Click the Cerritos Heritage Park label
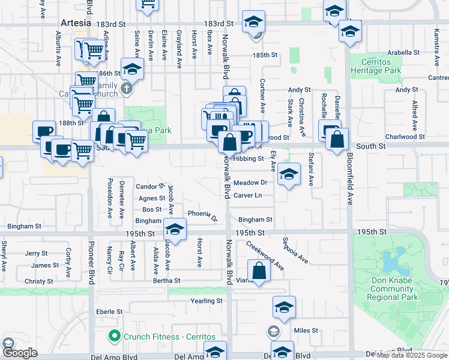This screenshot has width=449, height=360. coord(375,66)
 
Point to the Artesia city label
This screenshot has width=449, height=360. coord(76,23)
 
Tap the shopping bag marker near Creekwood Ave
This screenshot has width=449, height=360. coord(259,270)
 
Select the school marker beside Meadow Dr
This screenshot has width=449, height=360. coord(289,175)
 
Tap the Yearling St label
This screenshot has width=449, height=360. coord(206,301)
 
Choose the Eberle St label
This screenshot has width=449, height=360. coord(109,312)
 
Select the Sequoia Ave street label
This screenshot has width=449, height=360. coord(296,251)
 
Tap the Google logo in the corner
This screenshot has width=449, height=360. coord(20,353)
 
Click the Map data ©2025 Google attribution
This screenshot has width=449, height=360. coord(412,355)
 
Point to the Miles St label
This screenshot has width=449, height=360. coord(306,331)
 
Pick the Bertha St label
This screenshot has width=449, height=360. coord(167,280)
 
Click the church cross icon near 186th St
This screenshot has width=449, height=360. coord(126,89)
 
